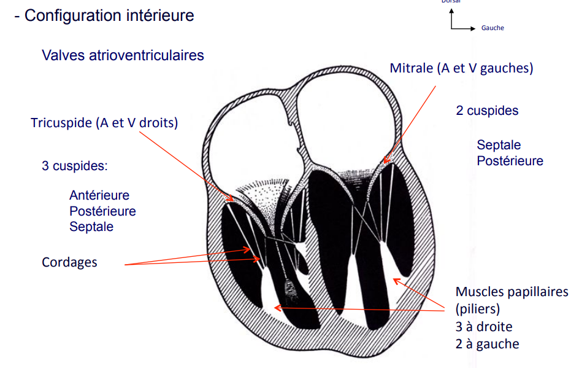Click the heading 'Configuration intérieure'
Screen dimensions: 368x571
(109, 15)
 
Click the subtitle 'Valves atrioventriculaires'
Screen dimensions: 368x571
(123, 55)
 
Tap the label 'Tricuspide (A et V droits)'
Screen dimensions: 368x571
(104, 123)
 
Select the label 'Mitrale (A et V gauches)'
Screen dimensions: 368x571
(461, 68)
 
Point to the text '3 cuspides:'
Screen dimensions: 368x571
(74, 166)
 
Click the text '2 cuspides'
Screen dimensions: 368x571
(487, 111)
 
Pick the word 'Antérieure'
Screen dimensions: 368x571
(99, 195)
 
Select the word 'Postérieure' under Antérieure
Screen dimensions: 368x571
(102, 211)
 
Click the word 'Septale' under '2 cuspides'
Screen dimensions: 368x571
(499, 145)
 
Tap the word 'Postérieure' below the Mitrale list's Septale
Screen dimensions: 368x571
(510, 161)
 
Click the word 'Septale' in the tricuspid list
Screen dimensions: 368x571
(91, 227)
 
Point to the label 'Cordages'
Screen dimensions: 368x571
(69, 262)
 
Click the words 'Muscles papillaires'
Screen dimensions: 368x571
(512, 292)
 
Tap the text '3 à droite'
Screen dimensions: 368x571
(484, 327)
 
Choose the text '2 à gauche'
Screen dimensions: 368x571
(487, 344)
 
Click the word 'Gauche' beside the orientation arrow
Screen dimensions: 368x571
(492, 28)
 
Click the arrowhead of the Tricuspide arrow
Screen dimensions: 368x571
(234, 201)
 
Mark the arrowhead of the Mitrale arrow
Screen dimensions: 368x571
(385, 162)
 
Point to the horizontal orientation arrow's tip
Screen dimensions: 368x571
(473, 28)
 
